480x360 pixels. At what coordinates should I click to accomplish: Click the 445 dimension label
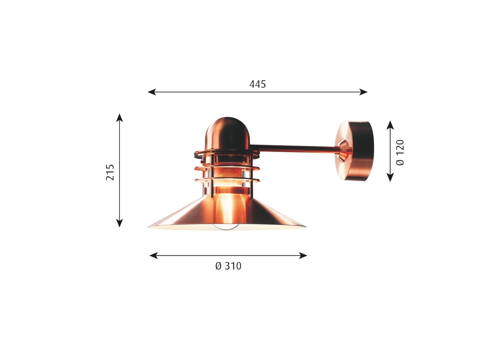tap(257, 84)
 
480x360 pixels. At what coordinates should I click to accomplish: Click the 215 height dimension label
tap(110, 172)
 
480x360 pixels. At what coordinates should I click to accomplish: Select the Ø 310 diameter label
tap(228, 266)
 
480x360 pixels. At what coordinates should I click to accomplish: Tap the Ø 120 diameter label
tap(400, 153)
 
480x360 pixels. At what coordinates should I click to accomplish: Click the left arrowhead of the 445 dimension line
tap(151, 92)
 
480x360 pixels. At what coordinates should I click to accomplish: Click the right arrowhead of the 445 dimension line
tap(363, 92)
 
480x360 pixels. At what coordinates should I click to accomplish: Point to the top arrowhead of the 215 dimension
tap(119, 118)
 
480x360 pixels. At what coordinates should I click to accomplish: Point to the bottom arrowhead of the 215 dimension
tap(119, 223)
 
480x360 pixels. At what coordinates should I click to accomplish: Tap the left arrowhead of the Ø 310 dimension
tap(154, 255)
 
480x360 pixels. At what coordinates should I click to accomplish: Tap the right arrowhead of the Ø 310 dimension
tap(303, 255)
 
